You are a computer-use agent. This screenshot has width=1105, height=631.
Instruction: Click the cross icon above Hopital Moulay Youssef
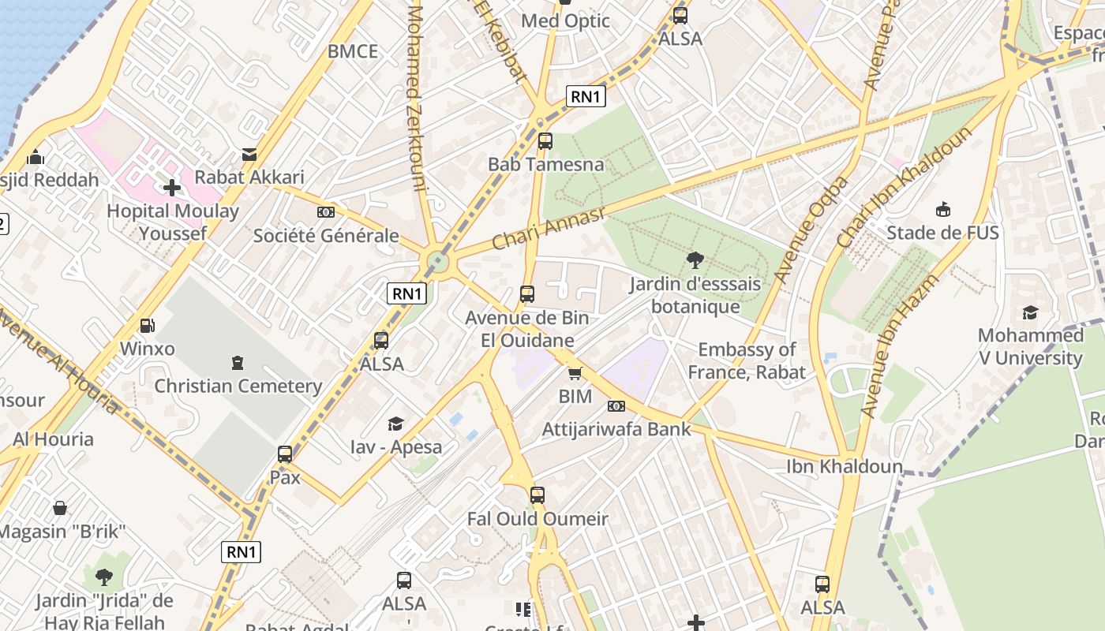(x=172, y=188)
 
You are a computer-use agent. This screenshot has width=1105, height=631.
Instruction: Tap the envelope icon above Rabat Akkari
(x=249, y=155)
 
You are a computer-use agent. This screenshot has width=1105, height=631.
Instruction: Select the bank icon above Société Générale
(x=325, y=212)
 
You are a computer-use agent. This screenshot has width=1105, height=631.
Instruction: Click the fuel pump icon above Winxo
(x=147, y=325)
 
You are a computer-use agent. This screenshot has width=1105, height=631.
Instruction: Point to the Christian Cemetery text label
(x=238, y=386)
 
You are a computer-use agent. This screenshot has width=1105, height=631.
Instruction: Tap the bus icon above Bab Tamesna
(x=545, y=141)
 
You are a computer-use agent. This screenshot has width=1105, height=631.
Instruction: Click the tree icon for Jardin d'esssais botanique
(x=695, y=260)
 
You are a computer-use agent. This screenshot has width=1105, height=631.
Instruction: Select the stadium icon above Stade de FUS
(x=942, y=210)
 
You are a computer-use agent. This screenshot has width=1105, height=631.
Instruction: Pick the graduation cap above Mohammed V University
(x=1030, y=312)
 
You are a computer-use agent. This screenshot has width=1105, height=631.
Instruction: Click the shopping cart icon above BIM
(x=575, y=373)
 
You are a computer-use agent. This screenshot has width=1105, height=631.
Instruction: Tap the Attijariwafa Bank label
(x=616, y=429)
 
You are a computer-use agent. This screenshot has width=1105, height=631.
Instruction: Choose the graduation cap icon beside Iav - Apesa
(x=395, y=424)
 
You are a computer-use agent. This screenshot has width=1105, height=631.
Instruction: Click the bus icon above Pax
(x=285, y=454)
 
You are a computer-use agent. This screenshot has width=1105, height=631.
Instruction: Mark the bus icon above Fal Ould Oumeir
(x=538, y=495)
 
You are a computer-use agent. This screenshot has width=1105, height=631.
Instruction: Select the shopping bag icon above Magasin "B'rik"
(x=60, y=508)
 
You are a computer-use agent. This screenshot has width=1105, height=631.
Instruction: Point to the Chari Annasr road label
(x=548, y=229)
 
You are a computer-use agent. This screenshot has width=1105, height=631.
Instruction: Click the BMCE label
(x=353, y=52)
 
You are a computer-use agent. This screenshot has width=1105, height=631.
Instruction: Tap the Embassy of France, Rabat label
(x=747, y=360)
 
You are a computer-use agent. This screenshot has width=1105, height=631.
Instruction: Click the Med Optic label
(x=566, y=21)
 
